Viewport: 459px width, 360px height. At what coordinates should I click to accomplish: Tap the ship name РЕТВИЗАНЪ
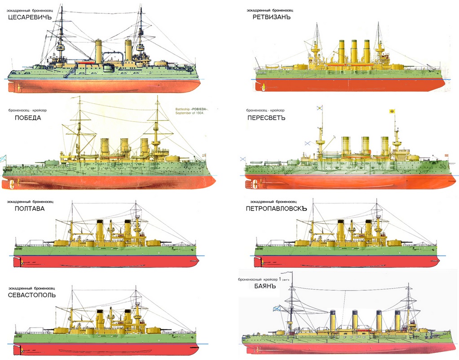tap(272, 17)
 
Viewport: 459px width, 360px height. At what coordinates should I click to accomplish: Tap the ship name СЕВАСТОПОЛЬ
tap(38, 295)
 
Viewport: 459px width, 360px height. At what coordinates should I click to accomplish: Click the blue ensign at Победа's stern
tap(4, 158)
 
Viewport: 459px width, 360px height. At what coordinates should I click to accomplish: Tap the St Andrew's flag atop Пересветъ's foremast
tap(320, 108)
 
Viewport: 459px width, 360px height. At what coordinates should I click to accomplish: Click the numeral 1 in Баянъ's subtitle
tap(280, 280)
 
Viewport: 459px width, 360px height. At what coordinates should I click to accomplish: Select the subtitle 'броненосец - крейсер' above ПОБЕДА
tap(25, 110)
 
